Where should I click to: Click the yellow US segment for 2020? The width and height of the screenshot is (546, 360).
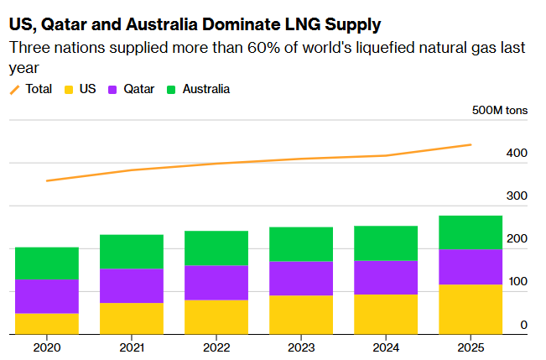tap(47, 323)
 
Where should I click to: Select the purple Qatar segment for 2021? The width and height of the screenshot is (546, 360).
tap(132, 285)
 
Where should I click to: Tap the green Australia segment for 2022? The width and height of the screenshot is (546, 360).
tap(216, 248)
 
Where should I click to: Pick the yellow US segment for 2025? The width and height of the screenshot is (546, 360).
tap(470, 309)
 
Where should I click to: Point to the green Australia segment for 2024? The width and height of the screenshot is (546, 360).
tap(386, 243)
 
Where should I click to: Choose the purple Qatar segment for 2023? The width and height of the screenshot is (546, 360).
tap(301, 278)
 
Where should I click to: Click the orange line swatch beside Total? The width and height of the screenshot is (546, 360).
tap(15, 89)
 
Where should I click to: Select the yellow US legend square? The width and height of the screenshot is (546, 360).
tap(68, 89)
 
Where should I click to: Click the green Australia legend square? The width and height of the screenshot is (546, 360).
tap(173, 89)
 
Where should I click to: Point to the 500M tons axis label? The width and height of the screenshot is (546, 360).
tap(500, 111)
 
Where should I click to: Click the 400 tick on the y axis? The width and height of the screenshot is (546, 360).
tap(517, 154)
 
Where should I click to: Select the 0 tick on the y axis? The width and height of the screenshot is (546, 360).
tap(523, 325)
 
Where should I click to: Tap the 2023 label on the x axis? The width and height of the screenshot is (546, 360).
tap(301, 347)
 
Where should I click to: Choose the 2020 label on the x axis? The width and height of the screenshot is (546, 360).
tap(47, 347)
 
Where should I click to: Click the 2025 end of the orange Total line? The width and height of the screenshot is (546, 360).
tap(471, 144)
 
